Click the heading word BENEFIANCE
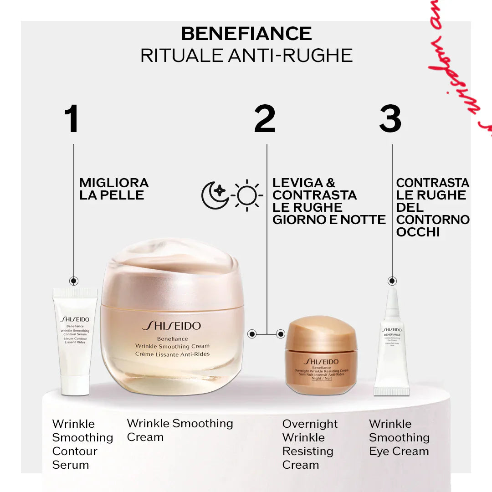(246, 34)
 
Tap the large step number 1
(72, 119)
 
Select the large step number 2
(265, 119)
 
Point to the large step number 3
(390, 119)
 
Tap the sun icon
(247, 195)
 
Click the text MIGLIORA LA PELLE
(114, 189)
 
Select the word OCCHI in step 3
(418, 232)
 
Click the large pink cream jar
(172, 319)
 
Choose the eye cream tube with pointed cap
(391, 346)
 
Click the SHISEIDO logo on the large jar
(171, 326)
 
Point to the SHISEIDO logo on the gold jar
(321, 362)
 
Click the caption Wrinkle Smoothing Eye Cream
(399, 438)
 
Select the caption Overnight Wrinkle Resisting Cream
(310, 444)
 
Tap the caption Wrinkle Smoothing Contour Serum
(82, 444)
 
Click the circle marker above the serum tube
(74, 281)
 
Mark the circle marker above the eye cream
(392, 281)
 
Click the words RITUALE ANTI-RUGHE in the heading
(246, 56)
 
